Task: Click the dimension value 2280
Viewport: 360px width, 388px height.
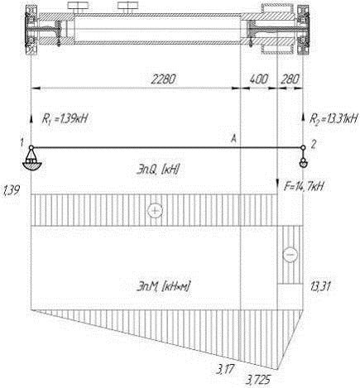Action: coord(163,79)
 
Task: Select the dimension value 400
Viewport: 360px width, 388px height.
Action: coord(258,79)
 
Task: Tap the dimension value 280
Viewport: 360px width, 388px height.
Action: coord(290,79)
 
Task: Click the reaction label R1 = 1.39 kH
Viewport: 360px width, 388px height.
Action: coord(65,119)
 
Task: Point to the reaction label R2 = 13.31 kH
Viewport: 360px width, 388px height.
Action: coord(334,118)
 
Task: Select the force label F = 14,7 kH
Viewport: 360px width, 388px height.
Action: coord(304,187)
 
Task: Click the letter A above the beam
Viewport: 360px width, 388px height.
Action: coord(233,140)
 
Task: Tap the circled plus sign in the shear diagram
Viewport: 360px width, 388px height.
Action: coord(155,211)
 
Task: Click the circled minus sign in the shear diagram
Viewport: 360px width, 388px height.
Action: coord(290,254)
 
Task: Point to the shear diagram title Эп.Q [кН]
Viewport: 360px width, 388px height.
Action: coord(158,170)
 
